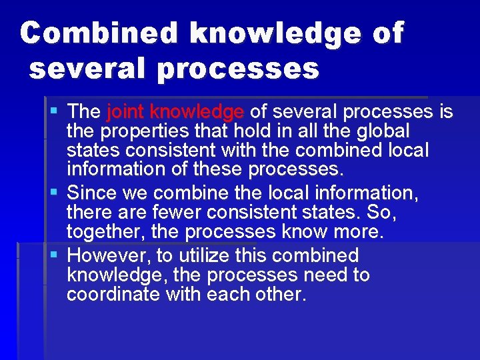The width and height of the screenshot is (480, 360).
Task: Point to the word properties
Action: pyautogui.click(x=147, y=130)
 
